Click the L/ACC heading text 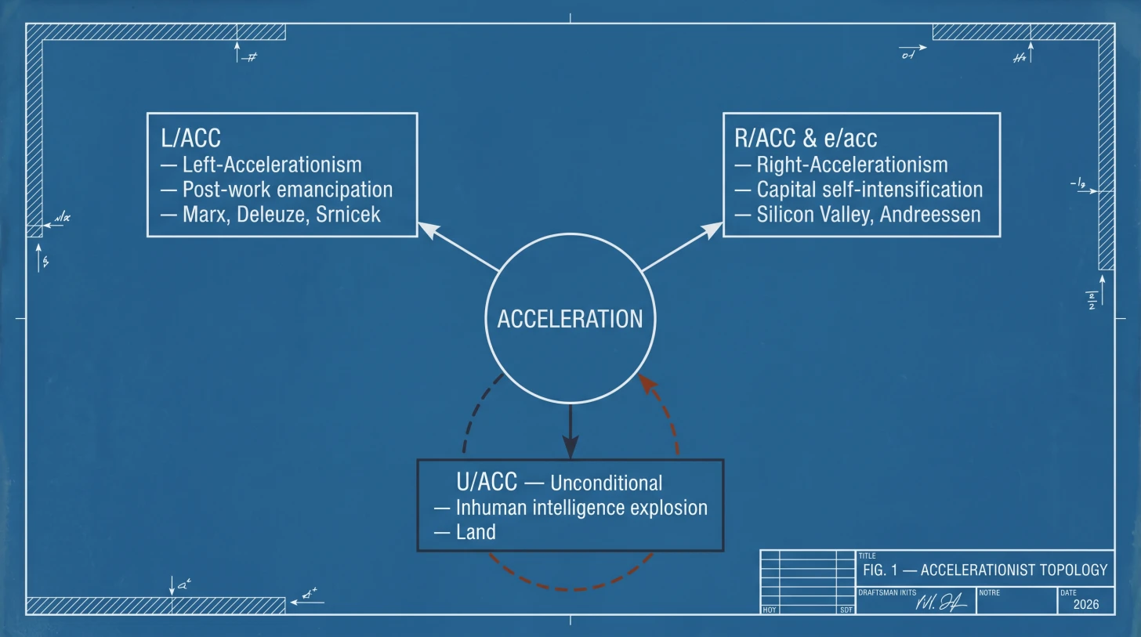pos(190,139)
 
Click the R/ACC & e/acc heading pos(806,139)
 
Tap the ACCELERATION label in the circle pos(570,319)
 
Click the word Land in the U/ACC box pos(476,532)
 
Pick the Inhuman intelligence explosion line pos(581,508)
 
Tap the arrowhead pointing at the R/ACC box pos(712,228)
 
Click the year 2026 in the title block pos(1086,604)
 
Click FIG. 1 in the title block pos(879,570)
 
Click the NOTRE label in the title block pos(989,592)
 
